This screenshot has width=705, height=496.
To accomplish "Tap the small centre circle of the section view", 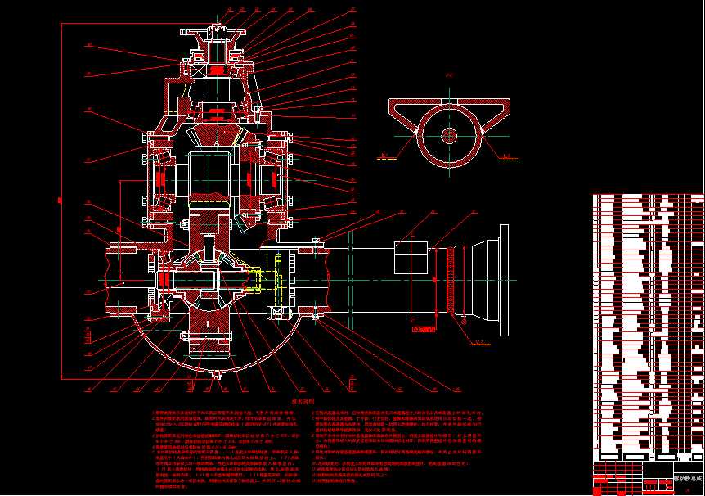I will [449, 134].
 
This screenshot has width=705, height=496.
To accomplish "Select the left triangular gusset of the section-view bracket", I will [405, 115].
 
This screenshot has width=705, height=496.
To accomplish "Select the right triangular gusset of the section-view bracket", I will [493, 115].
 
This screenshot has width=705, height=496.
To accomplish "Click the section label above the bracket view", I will [449, 79].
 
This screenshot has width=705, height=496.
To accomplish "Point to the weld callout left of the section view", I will [391, 155].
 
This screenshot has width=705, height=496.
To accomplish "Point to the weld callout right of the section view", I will [507, 155].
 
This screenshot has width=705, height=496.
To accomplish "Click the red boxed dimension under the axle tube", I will [420, 330].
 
